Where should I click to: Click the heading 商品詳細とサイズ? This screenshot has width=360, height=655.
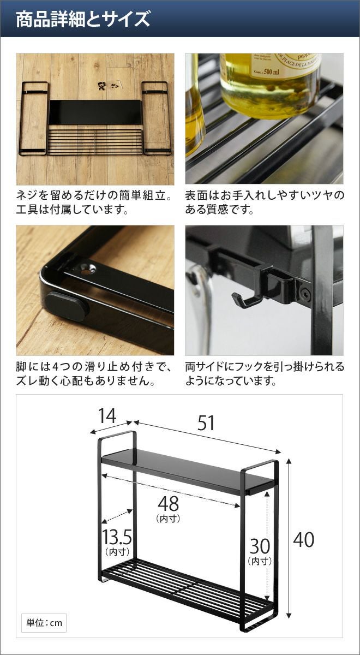83,19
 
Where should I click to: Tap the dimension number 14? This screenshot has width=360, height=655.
107,415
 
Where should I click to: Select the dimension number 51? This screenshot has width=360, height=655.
206,423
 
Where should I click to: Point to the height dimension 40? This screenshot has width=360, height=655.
304,540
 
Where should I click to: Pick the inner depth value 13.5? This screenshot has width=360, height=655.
117,536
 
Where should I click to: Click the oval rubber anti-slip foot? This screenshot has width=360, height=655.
67,307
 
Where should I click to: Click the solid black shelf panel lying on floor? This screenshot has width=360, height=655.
95,112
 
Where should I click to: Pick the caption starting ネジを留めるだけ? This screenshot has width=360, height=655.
93,203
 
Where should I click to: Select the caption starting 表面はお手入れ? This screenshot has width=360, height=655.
265,203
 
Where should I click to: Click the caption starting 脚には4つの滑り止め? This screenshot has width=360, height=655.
94,374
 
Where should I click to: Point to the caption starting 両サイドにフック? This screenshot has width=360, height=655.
265,374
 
